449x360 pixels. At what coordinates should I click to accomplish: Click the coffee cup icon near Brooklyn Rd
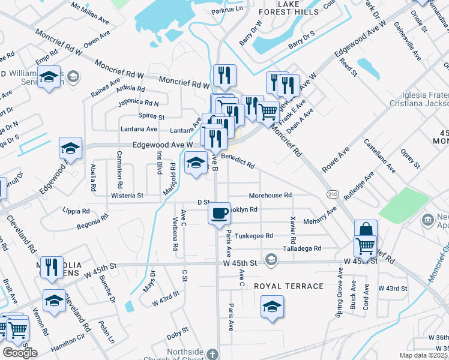[220, 212]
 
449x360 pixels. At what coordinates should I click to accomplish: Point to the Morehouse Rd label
[270, 195]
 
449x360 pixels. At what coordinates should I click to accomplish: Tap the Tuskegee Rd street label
[254, 236]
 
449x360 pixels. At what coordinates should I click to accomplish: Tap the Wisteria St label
[127, 195]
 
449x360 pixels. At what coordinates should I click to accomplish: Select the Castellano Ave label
[379, 157]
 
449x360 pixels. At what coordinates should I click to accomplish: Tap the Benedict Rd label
[238, 161]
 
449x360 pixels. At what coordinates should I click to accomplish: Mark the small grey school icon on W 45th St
[271, 259]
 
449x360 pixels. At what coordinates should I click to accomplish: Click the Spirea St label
[151, 116]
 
